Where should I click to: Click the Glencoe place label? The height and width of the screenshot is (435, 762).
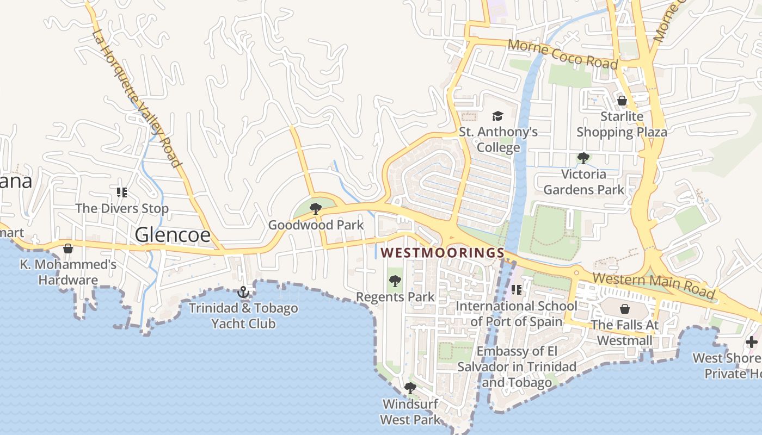[172, 234]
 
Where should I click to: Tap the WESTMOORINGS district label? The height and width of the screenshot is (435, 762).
[443, 253]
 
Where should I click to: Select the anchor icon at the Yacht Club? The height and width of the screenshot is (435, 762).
[243, 293]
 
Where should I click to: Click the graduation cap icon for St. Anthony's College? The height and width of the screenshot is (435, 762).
[498, 116]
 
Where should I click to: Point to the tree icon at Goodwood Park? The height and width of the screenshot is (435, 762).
[315, 208]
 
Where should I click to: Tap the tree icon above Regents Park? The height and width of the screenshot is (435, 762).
[395, 281]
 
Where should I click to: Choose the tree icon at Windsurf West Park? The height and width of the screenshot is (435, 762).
[410, 388]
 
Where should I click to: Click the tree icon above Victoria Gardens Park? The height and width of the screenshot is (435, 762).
[583, 158]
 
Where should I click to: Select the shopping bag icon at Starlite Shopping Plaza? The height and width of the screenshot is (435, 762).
[622, 101]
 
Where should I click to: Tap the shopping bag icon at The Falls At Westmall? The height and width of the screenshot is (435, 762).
[624, 309]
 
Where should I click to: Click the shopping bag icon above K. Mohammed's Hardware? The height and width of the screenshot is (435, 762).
[68, 248]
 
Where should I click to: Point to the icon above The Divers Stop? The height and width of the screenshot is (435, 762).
[122, 192]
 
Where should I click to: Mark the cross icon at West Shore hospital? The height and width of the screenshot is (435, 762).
[752, 342]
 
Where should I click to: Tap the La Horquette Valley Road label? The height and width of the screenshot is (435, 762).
[136, 98]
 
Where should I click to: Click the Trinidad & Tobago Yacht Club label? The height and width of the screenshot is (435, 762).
[243, 316]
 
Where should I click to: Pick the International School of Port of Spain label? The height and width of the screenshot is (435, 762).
[517, 314]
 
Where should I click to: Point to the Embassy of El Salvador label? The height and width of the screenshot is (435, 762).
[517, 366]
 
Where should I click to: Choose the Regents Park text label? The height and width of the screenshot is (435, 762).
[395, 297]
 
